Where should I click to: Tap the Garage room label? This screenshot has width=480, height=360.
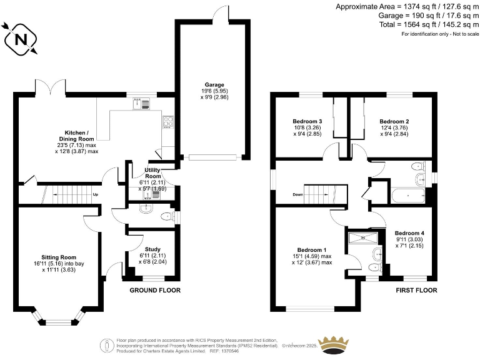pos(214,85)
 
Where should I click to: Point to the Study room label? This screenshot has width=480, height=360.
pos(152,249)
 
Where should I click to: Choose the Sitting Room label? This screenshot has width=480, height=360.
pos(59,257)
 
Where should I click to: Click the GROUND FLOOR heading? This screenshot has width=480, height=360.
pos(155,291)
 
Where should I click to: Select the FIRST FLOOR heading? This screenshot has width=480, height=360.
pos(416,291)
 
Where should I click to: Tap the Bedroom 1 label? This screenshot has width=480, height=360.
pos(311,249)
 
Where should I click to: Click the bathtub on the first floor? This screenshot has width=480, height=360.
pos(407,196)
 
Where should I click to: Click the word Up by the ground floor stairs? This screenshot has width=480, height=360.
pos(96,194)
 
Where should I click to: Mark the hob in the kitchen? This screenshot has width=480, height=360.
pos(168,122)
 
